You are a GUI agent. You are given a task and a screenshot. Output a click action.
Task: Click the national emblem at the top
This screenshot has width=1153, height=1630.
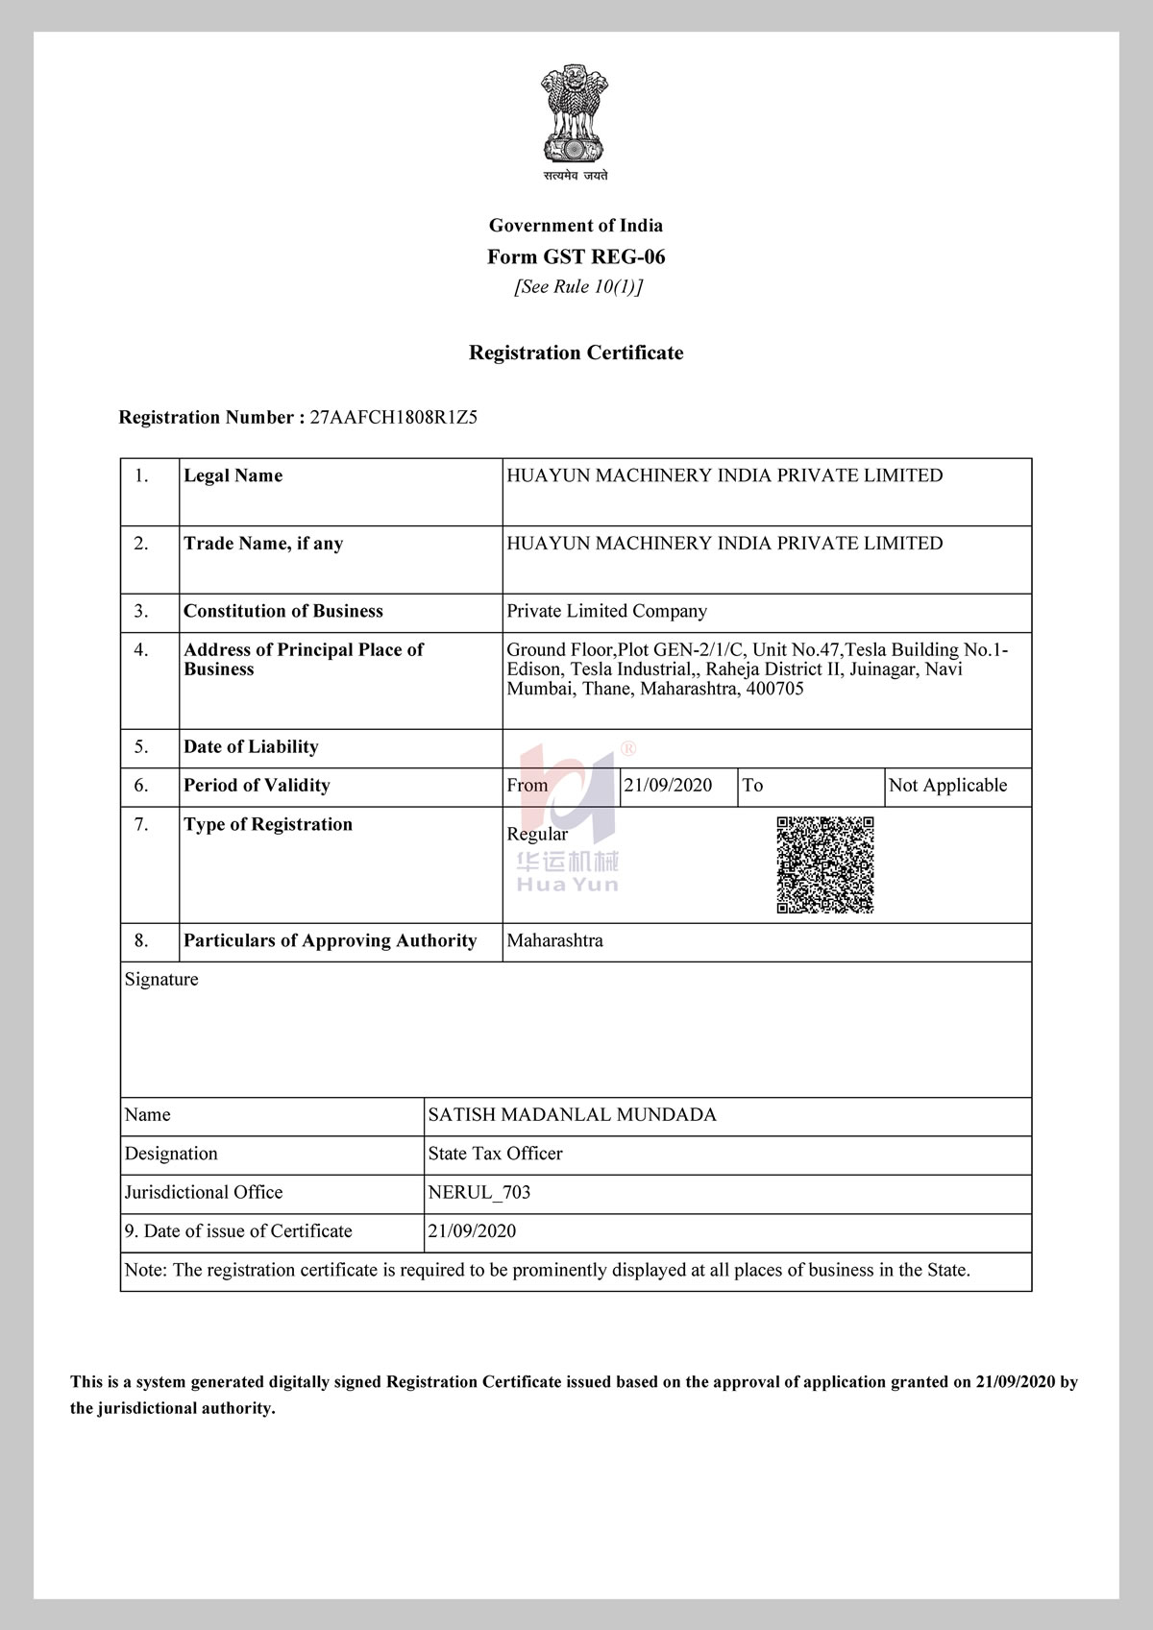575,115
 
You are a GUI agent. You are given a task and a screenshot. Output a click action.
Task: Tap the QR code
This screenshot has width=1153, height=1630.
825,864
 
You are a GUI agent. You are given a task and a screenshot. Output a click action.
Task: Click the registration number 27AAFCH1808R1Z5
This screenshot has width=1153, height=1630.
394,417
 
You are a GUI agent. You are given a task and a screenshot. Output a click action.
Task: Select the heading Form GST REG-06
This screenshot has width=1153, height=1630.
576,256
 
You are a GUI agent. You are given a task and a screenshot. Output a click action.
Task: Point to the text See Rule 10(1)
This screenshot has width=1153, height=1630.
578,286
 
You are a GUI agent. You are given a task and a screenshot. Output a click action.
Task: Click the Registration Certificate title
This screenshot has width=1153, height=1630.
576,353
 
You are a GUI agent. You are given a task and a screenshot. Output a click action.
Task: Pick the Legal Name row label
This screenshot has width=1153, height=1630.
233,475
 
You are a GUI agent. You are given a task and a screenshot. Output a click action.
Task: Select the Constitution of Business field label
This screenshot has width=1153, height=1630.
282,611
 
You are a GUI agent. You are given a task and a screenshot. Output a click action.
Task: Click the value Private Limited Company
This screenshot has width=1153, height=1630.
606,611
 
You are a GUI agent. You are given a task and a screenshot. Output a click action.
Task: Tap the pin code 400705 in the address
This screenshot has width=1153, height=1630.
774,689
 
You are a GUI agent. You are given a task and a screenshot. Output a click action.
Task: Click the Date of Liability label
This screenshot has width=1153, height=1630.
251,746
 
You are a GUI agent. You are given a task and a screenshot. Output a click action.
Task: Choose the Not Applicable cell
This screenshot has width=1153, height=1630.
947,785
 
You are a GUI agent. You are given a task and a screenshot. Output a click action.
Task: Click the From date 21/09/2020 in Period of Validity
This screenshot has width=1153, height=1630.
668,785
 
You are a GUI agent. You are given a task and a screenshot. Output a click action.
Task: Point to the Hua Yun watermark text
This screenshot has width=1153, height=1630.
568,885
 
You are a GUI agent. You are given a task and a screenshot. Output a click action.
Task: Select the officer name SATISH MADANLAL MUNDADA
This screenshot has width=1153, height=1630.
572,1114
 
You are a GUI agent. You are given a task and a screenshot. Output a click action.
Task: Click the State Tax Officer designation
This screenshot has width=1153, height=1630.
495,1153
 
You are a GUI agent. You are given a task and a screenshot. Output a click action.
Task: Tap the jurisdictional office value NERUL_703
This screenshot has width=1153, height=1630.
478,1192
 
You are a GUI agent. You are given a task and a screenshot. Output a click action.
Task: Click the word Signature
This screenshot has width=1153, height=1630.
161,979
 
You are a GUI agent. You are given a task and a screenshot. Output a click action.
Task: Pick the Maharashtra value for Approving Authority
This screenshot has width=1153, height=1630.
554,940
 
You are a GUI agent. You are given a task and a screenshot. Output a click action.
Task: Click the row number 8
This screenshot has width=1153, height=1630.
141,940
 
